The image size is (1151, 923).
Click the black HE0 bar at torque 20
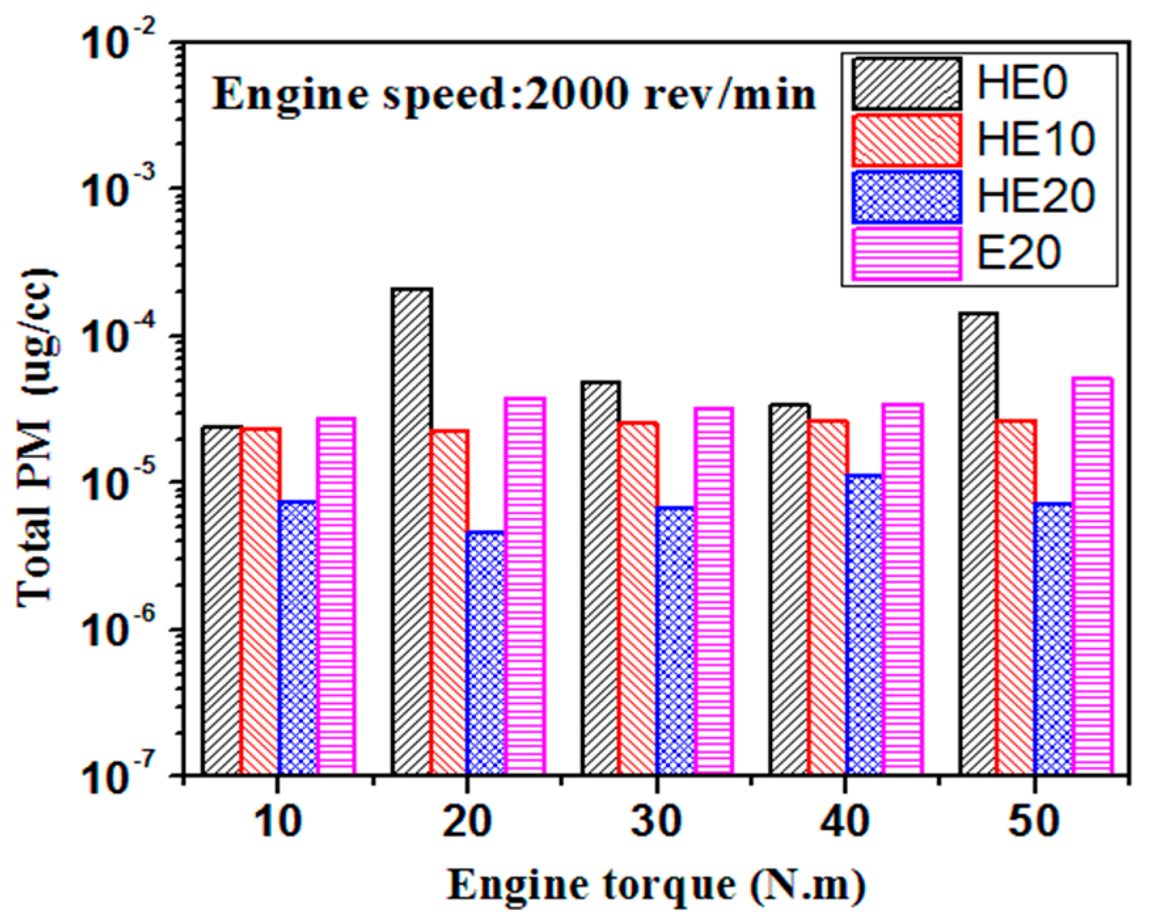point(412,531)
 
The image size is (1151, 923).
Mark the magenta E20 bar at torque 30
point(714,590)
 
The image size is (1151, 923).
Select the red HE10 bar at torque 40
point(828,596)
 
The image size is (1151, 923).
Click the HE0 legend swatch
point(907,84)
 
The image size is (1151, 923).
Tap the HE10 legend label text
point(1035,140)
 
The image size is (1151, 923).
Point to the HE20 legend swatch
point(907,197)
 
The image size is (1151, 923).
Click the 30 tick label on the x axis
point(656,821)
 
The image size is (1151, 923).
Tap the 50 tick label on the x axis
point(1034,821)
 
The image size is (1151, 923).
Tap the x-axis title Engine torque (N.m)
point(656,886)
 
